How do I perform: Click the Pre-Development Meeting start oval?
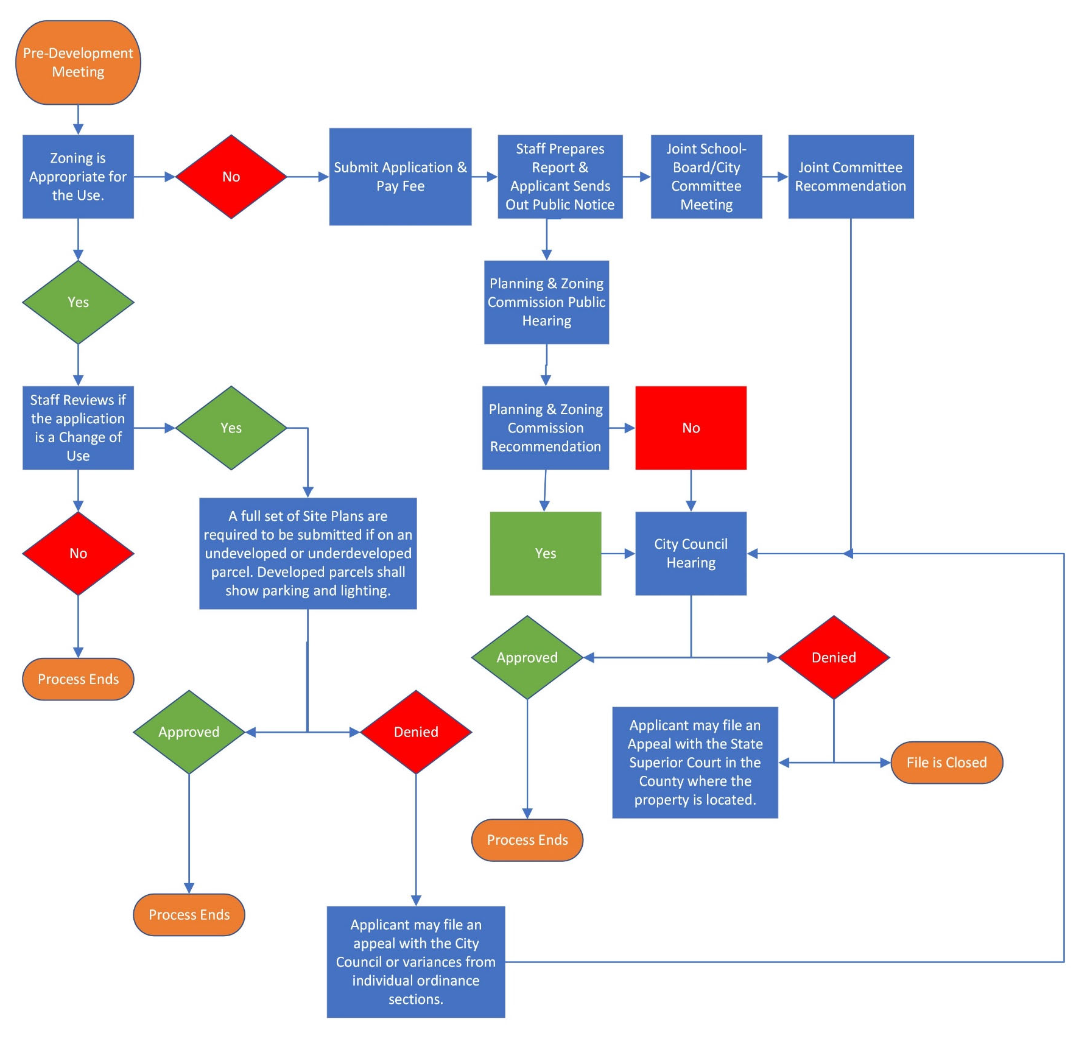tap(78, 62)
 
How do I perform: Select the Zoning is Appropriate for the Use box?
tap(78, 177)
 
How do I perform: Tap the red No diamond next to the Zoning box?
tap(231, 177)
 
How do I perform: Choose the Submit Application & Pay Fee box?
tap(400, 177)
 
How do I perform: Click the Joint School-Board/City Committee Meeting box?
tap(706, 177)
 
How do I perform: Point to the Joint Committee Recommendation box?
tap(851, 177)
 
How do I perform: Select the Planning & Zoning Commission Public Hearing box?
tap(546, 302)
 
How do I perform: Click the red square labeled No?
tap(691, 428)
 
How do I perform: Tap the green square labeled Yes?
tap(545, 553)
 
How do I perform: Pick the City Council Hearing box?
tap(691, 553)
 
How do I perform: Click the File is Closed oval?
tap(946, 763)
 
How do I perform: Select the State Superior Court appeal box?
tap(695, 763)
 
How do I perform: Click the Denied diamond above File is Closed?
tap(834, 657)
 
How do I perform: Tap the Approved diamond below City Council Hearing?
tap(527, 657)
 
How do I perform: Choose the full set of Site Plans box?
tap(308, 553)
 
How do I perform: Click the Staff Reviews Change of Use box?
tap(78, 428)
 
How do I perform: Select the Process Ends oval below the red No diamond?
tap(78, 679)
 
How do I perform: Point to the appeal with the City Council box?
tap(416, 962)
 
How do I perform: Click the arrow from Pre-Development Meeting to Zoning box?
tap(78, 119)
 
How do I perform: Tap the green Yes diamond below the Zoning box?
tap(78, 302)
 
